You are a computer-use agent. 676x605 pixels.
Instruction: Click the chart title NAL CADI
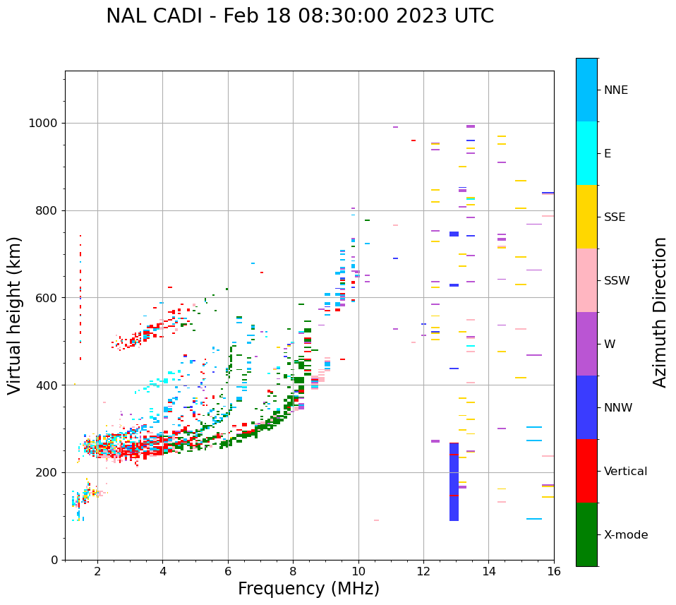[x=300, y=16]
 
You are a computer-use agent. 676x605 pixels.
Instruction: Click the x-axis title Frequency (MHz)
[x=308, y=589]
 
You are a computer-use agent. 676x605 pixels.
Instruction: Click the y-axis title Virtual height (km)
[x=15, y=315]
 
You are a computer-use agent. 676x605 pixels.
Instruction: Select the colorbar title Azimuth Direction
[x=660, y=312]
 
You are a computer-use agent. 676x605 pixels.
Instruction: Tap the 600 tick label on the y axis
[x=46, y=298]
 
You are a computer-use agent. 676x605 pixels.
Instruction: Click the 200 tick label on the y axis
[x=46, y=472]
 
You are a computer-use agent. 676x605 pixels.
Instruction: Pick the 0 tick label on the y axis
[x=54, y=560]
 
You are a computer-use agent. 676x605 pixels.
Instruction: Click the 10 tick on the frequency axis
[x=358, y=570]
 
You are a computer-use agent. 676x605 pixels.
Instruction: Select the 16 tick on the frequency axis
[x=554, y=570]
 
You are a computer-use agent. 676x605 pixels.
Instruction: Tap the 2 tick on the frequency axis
[x=97, y=570]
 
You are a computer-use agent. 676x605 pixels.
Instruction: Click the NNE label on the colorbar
[x=615, y=90]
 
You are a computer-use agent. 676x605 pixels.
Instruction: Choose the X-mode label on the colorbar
[x=626, y=535]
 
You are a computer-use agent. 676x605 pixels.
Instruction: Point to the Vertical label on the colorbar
[x=625, y=472]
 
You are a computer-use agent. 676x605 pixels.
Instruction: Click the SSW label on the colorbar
[x=617, y=281]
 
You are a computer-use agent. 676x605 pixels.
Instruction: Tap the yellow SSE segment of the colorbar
[x=586, y=217]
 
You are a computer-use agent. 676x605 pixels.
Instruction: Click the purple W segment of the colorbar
[x=586, y=344]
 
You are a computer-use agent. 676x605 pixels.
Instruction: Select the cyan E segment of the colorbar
[x=586, y=153]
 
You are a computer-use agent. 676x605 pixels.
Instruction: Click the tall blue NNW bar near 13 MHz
[x=454, y=482]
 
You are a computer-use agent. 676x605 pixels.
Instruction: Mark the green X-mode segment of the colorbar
[x=586, y=534]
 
